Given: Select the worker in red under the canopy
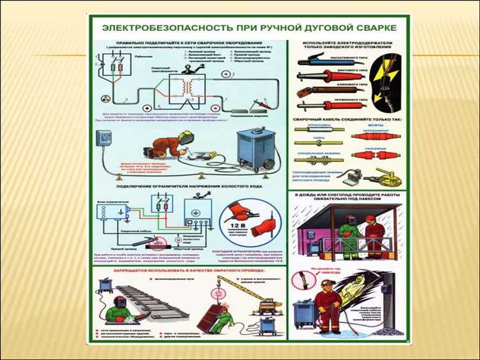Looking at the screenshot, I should pyautogui.click(x=373, y=234).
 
